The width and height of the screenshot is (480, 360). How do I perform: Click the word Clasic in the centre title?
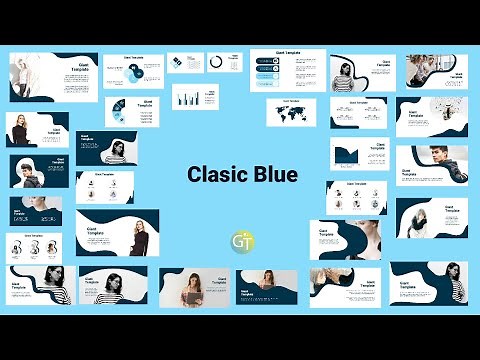point(218,175)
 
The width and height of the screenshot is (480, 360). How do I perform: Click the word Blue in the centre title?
point(275,175)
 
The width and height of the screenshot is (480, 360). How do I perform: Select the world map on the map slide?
point(296,112)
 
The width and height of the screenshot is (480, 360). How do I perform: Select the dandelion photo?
point(439,109)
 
